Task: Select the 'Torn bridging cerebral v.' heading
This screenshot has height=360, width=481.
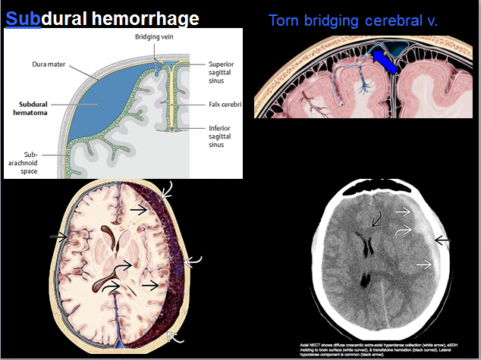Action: click(x=353, y=19)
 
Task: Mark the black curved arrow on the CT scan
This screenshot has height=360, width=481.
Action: click(x=376, y=220)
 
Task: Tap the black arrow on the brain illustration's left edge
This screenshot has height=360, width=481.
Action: click(x=58, y=237)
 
